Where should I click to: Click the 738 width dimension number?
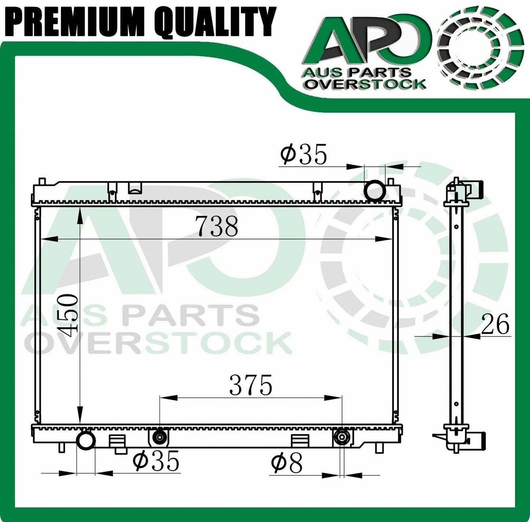tap(218, 226)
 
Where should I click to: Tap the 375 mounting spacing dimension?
tap(251, 385)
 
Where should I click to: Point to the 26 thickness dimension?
tap(495, 324)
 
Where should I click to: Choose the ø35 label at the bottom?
tap(156, 461)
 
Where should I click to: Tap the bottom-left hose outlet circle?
tap(86, 440)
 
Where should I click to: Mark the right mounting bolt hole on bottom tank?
tap(342, 437)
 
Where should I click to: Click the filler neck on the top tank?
tap(135, 188)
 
